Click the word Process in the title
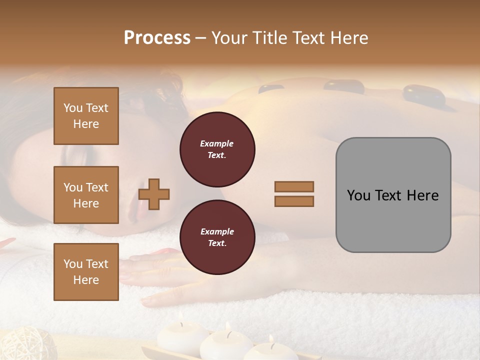pyautogui.click(x=157, y=38)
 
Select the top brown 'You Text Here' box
pyautogui.click(x=86, y=116)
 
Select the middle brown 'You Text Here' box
pyautogui.click(x=86, y=195)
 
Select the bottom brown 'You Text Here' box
pyautogui.click(x=86, y=271)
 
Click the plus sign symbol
pyautogui.click(x=154, y=193)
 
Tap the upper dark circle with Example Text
pyautogui.click(x=217, y=149)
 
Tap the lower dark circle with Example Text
pyautogui.click(x=217, y=237)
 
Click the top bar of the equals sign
pyautogui.click(x=294, y=186)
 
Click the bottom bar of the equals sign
pyautogui.click(x=294, y=201)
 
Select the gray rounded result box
pyautogui.click(x=393, y=195)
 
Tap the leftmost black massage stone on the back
pyautogui.click(x=270, y=89)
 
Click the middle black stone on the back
pyautogui.click(x=344, y=86)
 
